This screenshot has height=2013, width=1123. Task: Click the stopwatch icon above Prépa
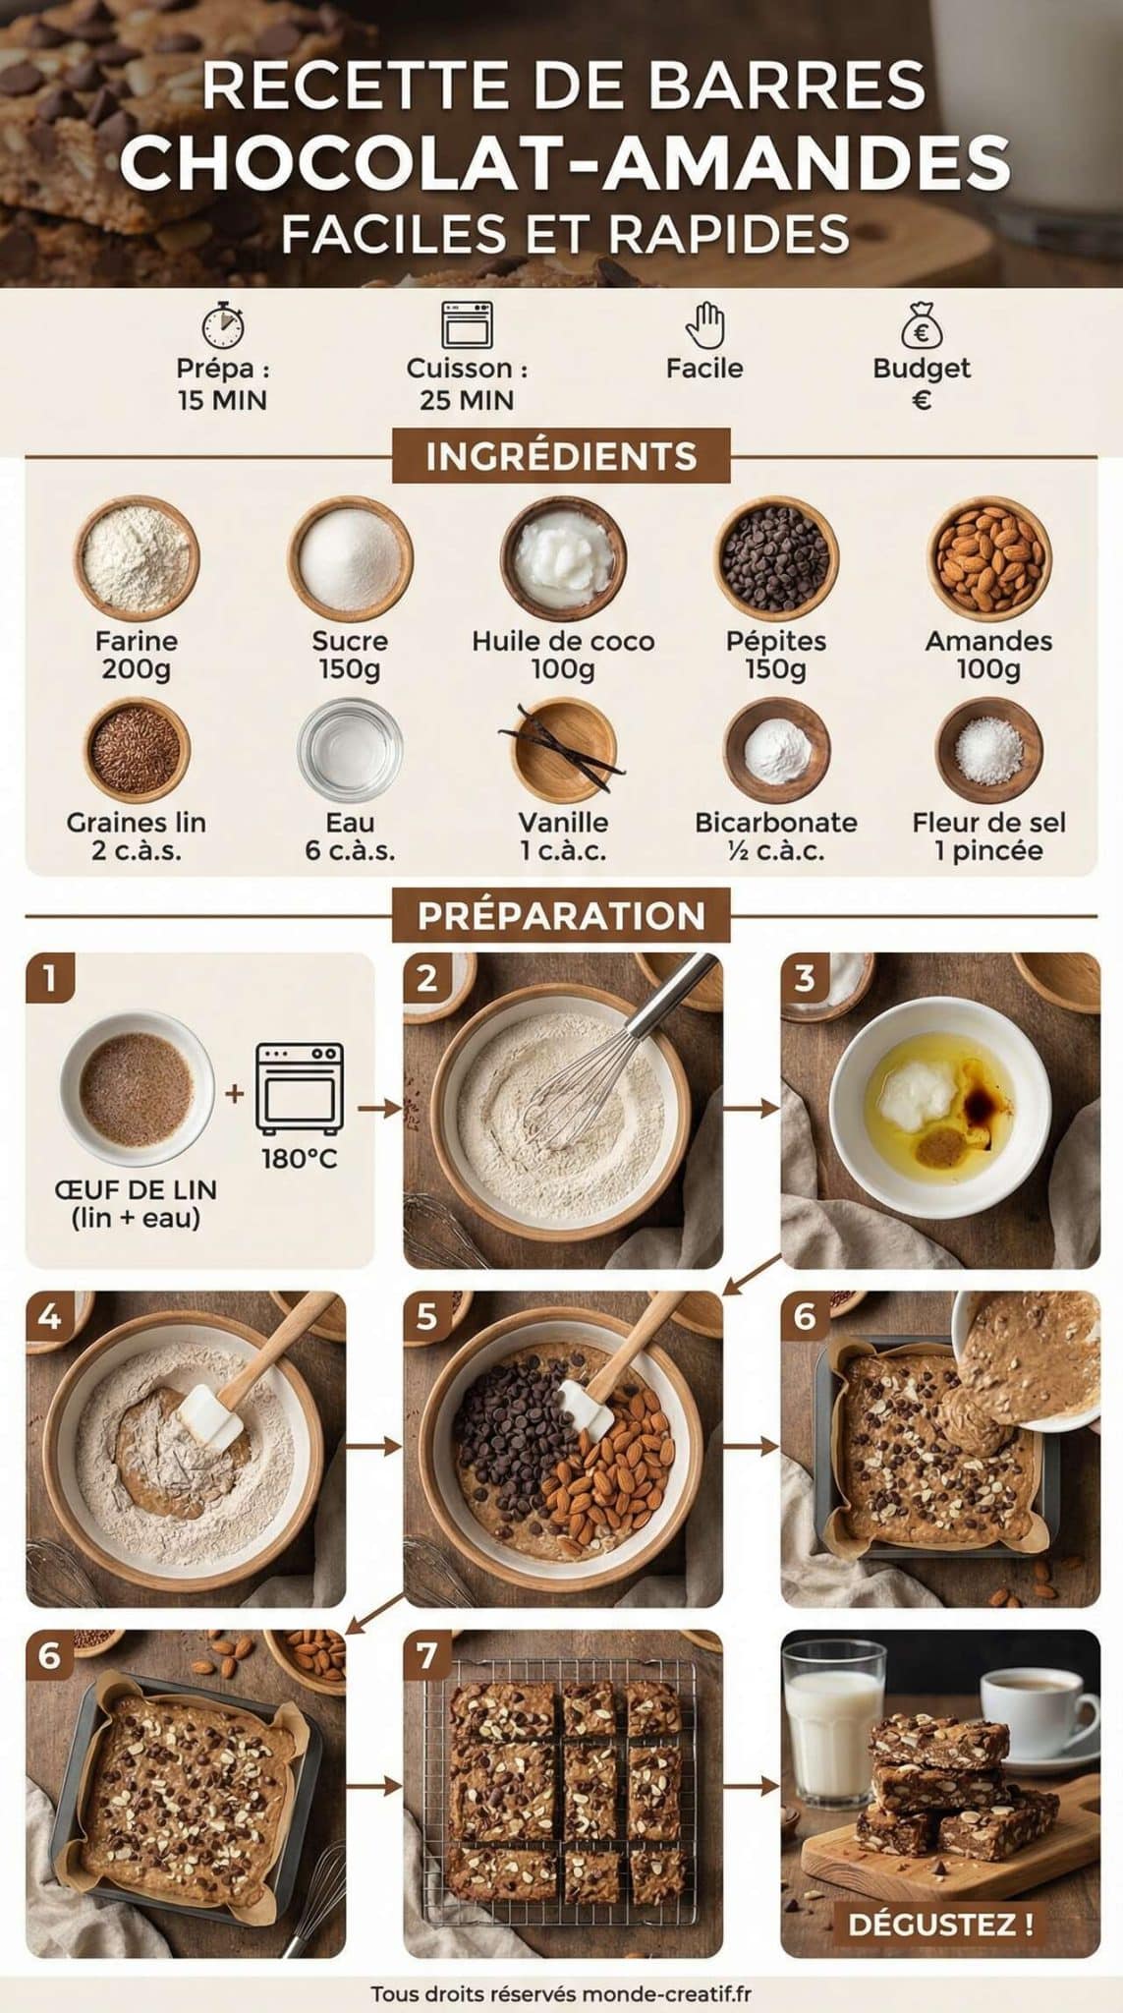pyautogui.click(x=223, y=324)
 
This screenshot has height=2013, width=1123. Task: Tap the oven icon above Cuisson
pyautogui.click(x=467, y=324)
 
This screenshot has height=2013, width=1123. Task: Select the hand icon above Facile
pyautogui.click(x=704, y=324)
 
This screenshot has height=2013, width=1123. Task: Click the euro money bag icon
pyautogui.click(x=921, y=324)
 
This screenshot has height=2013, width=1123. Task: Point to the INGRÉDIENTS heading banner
pyautogui.click(x=561, y=456)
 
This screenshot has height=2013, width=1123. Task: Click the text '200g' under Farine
pyautogui.click(x=136, y=669)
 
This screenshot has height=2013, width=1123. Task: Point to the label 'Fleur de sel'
pyautogui.click(x=988, y=823)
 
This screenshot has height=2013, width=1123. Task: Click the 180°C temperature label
pyautogui.click(x=299, y=1159)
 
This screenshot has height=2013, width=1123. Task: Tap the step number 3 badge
pyautogui.click(x=805, y=979)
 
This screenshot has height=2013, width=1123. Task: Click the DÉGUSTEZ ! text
pyautogui.click(x=940, y=1924)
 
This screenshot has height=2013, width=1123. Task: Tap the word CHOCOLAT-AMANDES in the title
pyautogui.click(x=564, y=162)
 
